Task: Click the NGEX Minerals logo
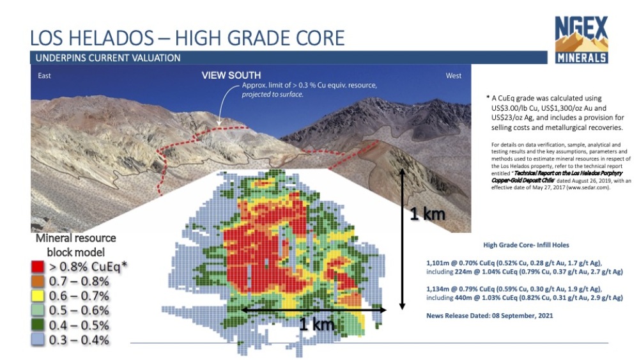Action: tap(581, 40)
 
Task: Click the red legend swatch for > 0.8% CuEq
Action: tap(38, 267)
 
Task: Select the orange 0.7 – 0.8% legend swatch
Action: tap(38, 281)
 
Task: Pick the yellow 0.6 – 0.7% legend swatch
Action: tap(38, 296)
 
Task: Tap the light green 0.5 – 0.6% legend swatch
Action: tap(38, 310)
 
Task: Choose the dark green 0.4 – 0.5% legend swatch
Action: tap(38, 325)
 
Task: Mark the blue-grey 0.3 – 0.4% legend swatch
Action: tap(38, 340)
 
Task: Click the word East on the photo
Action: tap(45, 75)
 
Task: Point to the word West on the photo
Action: tap(454, 75)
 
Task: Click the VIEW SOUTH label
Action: tap(231, 75)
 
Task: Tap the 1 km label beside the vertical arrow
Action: tap(427, 214)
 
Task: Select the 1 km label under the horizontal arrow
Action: tap(317, 324)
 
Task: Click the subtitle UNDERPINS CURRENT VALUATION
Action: tap(108, 58)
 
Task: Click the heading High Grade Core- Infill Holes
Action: tap(526, 245)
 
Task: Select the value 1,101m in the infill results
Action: tap(436, 263)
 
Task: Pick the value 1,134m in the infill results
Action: tap(436, 289)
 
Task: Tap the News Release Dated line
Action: tap(489, 316)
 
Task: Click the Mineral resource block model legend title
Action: tap(76, 245)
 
